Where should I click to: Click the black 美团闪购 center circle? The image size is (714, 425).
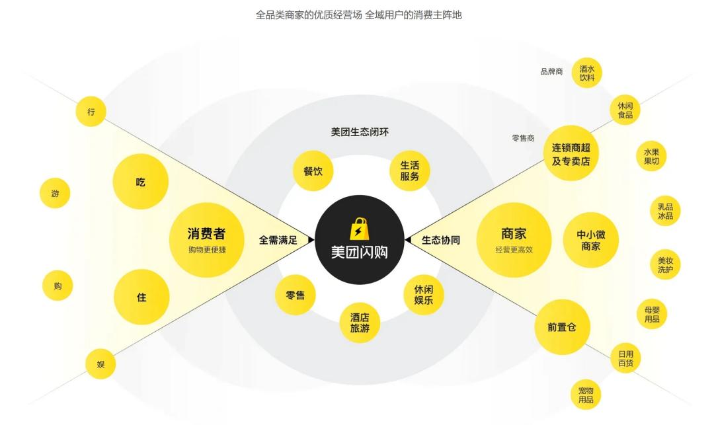tap(359, 240)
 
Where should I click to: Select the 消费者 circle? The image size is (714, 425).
tap(206, 239)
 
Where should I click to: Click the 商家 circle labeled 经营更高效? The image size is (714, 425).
tap(514, 239)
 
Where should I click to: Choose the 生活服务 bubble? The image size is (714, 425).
tap(410, 171)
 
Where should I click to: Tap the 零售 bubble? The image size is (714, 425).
tap(295, 295)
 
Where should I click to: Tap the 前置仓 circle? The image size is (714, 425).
tap(562, 327)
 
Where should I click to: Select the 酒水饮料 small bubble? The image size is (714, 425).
tap(587, 73)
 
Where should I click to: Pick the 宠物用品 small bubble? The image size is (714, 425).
tap(586, 395)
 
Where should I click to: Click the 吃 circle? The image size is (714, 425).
tap(141, 182)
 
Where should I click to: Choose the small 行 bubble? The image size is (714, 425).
tap(91, 112)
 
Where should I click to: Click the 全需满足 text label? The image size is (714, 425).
tap(278, 240)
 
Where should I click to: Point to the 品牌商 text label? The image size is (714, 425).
tap(551, 71)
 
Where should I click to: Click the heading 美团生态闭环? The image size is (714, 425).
tap(360, 132)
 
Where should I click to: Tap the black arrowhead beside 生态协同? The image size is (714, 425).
tap(408, 240)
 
